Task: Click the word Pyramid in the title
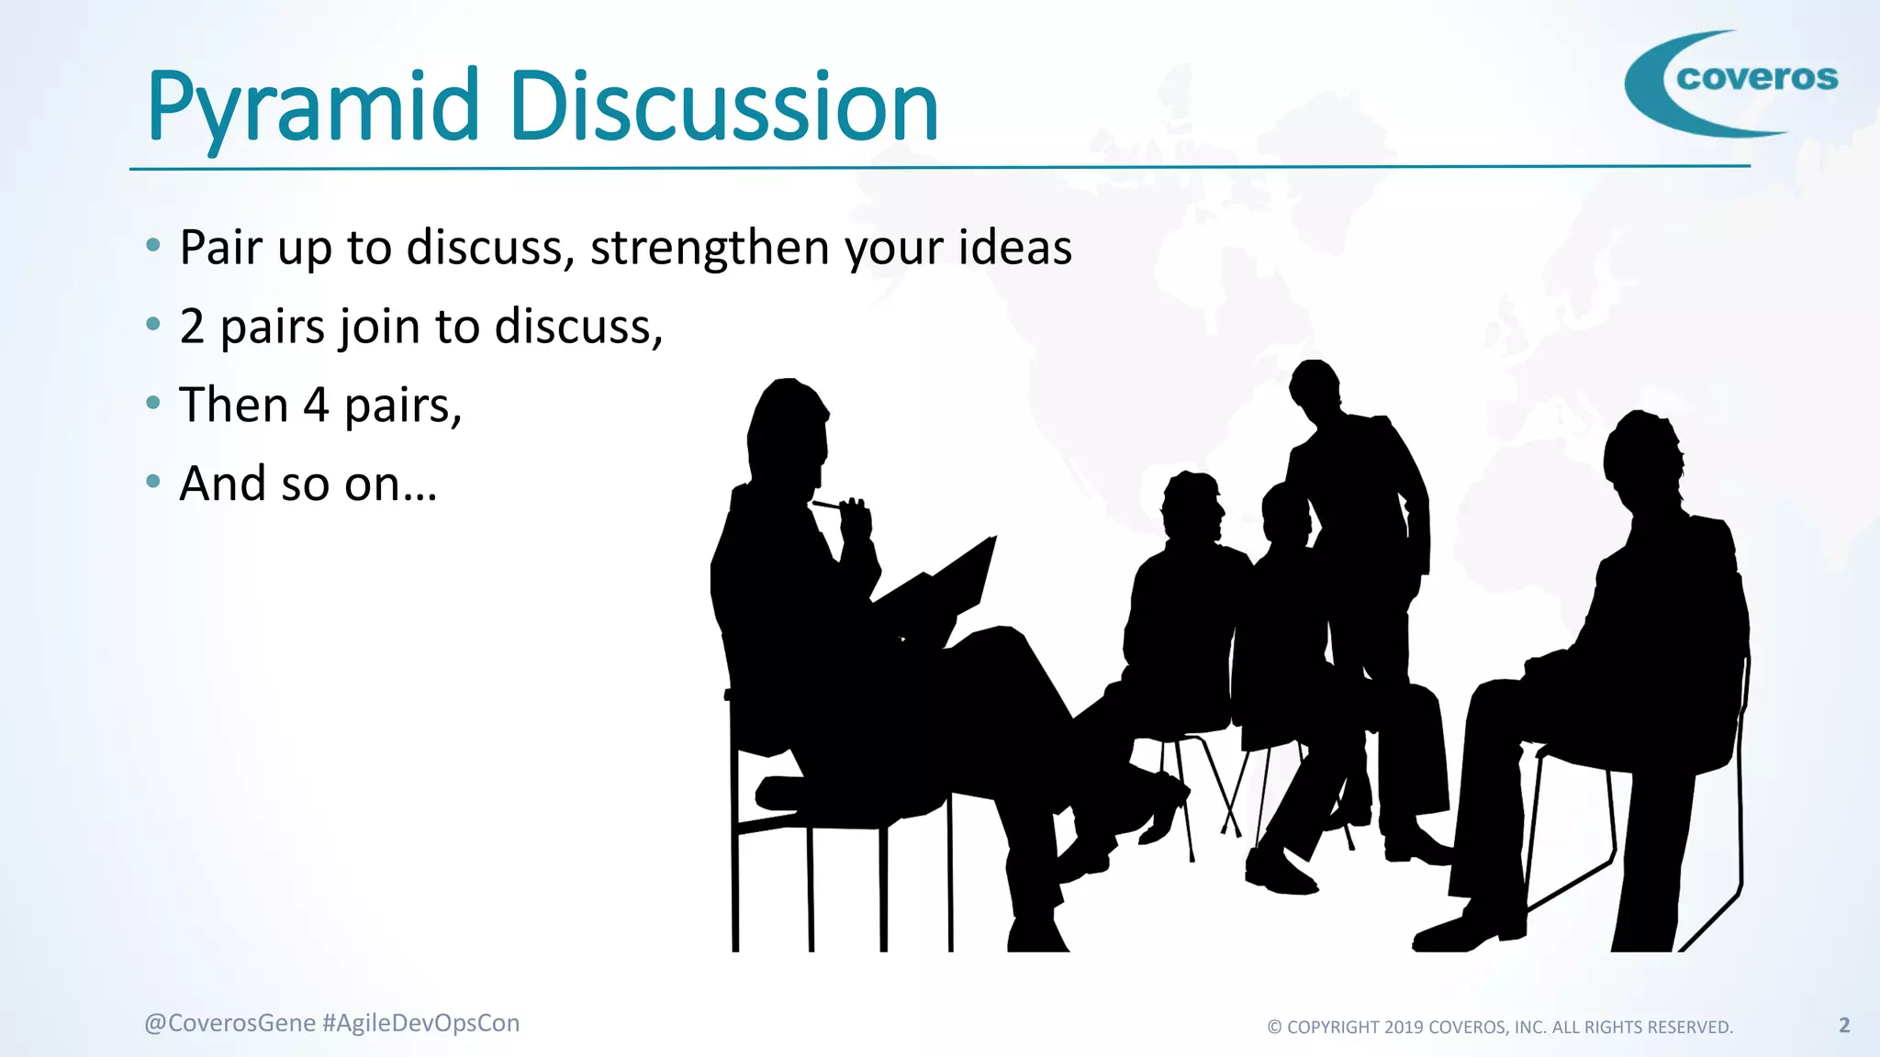point(313,108)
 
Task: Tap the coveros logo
point(1733,83)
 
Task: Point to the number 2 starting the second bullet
point(192,327)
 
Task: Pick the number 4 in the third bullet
point(316,406)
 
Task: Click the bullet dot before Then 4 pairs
point(153,402)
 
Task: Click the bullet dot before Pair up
point(153,244)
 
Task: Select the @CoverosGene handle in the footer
point(229,1023)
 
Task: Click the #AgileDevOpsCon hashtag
point(421,1023)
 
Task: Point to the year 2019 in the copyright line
point(1404,1028)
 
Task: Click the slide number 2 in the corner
point(1844,1025)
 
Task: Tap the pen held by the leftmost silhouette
point(826,504)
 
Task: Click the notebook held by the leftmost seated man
point(946,583)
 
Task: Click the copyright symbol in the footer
point(1275,1028)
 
